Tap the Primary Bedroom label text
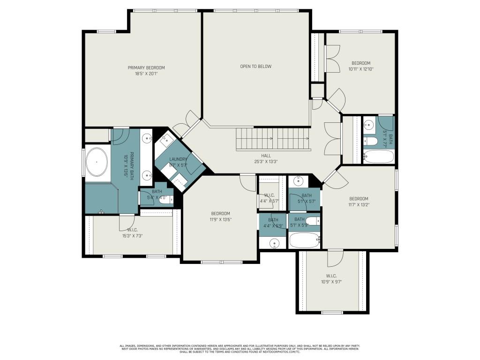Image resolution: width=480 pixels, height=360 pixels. tap(146, 67)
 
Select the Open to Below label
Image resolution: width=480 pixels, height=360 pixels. tap(255, 66)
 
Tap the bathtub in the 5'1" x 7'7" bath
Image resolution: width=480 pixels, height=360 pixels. tap(379, 156)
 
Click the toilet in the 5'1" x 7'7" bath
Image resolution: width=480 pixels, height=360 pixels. tap(370, 141)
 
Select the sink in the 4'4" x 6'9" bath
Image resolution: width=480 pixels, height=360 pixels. tap(274, 243)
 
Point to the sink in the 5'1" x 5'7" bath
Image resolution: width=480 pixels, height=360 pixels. tap(298, 181)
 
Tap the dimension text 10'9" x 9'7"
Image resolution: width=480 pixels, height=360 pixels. tap(332, 282)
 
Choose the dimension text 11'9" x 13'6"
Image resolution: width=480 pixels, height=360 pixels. tap(220, 219)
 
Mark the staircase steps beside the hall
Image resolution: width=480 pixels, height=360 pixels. tap(272, 139)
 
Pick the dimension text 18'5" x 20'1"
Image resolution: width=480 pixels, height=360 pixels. tap(146, 74)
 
